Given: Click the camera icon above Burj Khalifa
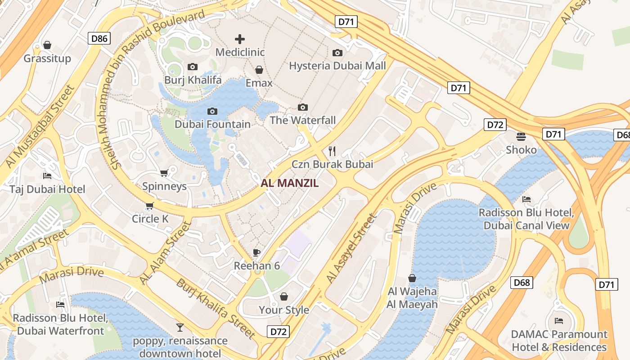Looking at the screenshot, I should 192,67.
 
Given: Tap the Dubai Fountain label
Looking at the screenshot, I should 212,124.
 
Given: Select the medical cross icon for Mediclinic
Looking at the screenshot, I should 240,39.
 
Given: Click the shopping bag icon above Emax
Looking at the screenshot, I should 259,70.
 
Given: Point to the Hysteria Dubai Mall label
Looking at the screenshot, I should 337,66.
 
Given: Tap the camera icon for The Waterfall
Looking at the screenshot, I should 303,107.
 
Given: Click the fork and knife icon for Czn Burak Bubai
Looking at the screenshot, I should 332,150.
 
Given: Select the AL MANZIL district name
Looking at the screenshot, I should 289,183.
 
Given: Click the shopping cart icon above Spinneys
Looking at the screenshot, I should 164,173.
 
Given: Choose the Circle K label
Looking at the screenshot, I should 150,219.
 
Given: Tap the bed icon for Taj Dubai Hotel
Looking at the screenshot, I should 47,175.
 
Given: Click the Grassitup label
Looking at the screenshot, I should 47,58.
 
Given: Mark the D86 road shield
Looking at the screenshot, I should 99,38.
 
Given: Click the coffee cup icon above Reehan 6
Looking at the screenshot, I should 256,252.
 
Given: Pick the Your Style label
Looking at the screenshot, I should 283,310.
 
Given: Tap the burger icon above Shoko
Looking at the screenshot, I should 521,136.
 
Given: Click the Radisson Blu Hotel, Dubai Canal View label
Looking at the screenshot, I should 526,219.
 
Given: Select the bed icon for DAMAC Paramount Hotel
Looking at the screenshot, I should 559,321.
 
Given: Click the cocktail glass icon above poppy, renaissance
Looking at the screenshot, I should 180,327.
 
